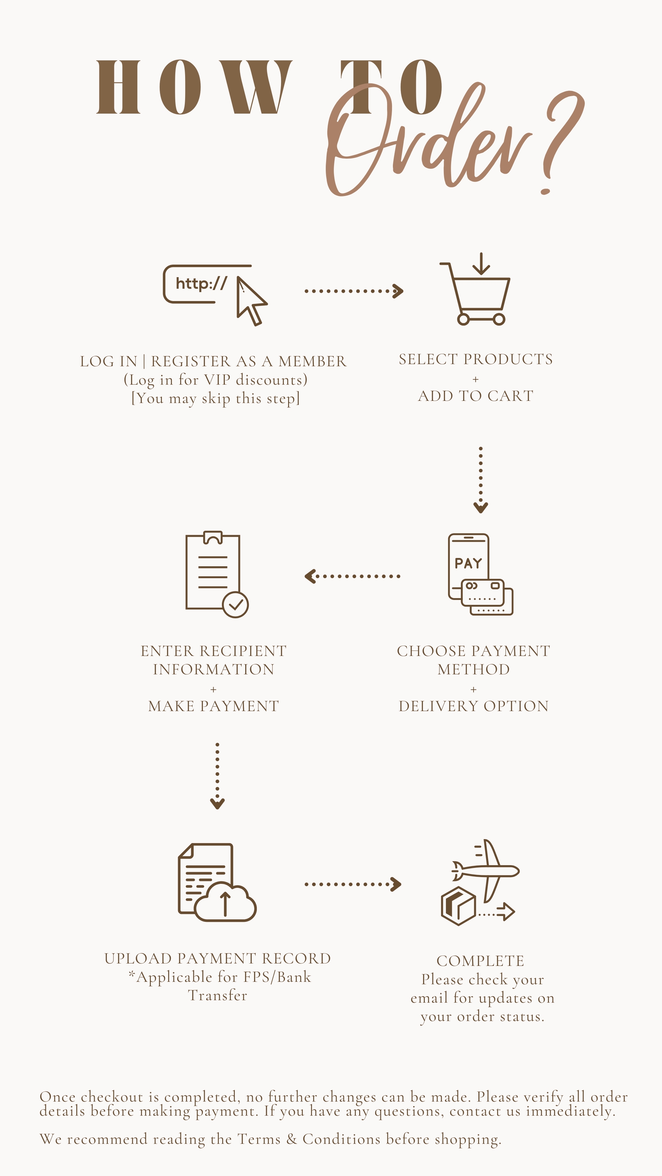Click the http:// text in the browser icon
coord(201,284)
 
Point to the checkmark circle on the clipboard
coord(235,605)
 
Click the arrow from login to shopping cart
coord(354,291)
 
